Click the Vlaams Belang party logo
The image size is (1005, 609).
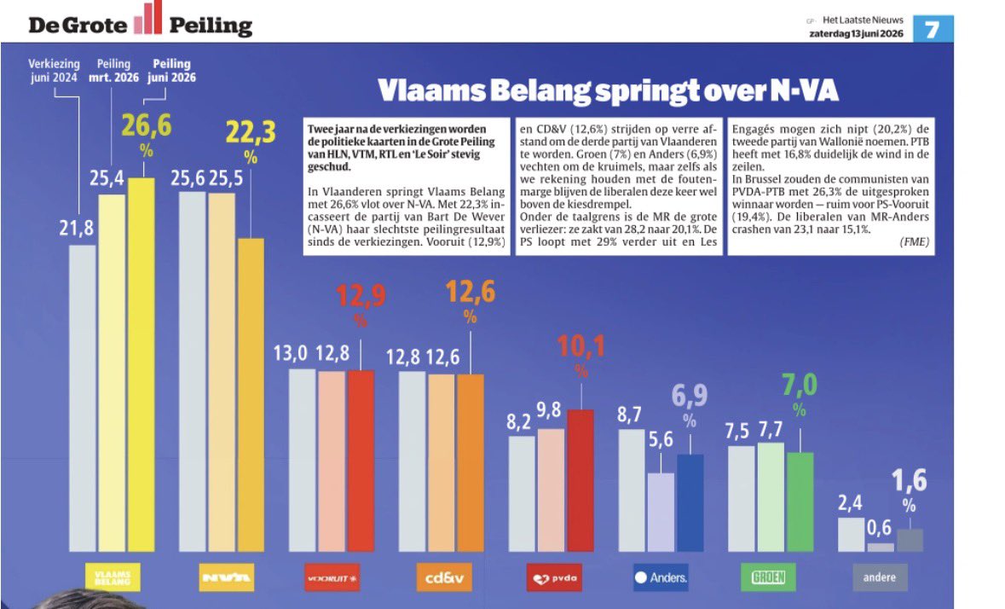click(113, 577)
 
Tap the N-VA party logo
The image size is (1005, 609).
click(226, 577)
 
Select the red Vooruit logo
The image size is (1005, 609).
click(332, 577)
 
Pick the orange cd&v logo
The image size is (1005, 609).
click(444, 577)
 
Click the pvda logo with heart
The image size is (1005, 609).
click(554, 577)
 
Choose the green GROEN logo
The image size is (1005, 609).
click(768, 577)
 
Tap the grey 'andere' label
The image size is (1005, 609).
click(880, 577)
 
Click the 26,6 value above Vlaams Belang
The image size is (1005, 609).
click(147, 125)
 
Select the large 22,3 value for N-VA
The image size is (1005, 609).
click(251, 133)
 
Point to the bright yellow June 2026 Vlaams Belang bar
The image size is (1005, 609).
click(141, 365)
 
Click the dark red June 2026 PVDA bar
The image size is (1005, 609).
click(580, 480)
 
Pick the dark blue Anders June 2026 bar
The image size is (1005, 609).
click(690, 503)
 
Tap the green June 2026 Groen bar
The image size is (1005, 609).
click(800, 502)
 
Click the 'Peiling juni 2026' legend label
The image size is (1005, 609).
click(171, 71)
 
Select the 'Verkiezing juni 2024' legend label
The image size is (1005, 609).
click(54, 71)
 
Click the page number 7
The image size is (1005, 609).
click(933, 29)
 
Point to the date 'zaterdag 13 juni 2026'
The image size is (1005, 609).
click(857, 33)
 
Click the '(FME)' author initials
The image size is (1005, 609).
click(914, 241)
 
